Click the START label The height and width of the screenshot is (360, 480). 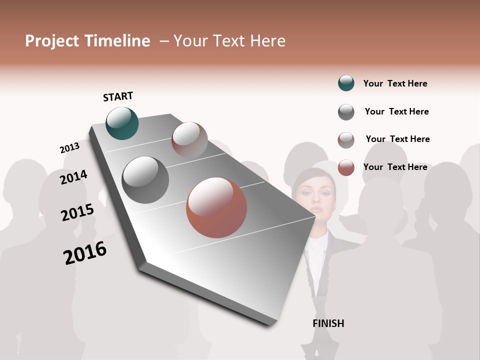[x=118, y=96]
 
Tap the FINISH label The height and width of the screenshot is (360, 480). [x=328, y=323]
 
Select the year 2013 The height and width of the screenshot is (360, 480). [x=69, y=148]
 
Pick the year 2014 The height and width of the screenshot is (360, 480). [x=73, y=177]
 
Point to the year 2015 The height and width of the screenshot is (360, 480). [x=77, y=212]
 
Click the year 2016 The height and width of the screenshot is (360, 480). [x=85, y=253]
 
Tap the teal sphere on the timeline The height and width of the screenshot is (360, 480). [x=122, y=123]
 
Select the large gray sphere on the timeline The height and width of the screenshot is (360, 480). [x=145, y=180]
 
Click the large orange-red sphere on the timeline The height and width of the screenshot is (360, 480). [x=216, y=207]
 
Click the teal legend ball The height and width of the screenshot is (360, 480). [x=346, y=83]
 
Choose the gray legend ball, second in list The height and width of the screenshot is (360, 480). [x=346, y=112]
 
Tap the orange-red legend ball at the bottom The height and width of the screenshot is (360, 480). [x=346, y=167]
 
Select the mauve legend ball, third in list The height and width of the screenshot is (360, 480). [x=346, y=140]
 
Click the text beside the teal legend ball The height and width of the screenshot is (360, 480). [x=395, y=83]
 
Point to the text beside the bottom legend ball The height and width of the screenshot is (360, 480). [x=395, y=167]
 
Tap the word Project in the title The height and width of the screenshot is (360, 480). [x=52, y=41]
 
